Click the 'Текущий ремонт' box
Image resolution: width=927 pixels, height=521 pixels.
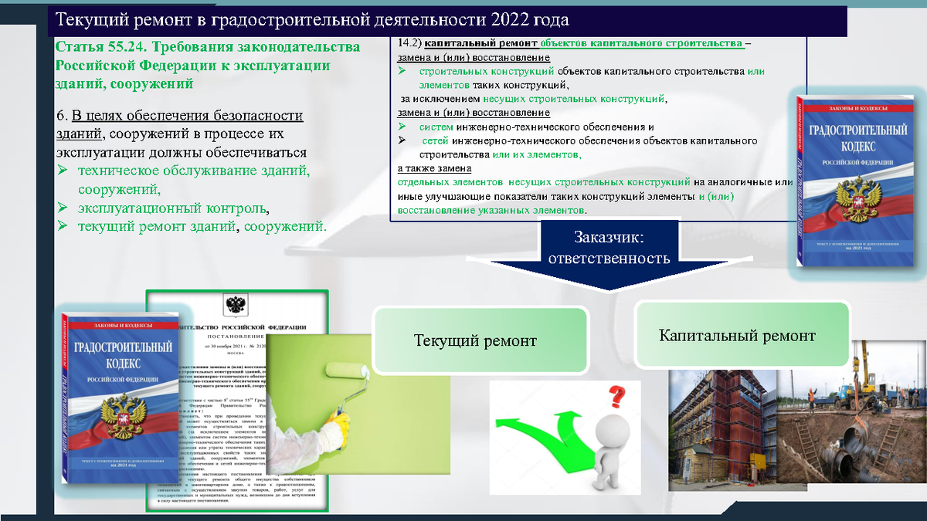(475, 340)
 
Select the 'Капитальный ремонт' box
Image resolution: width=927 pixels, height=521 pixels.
(737, 336)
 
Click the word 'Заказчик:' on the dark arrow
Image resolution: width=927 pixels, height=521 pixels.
(609, 237)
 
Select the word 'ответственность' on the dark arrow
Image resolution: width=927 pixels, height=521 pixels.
(609, 258)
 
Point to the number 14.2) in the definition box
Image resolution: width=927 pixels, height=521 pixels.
(409, 43)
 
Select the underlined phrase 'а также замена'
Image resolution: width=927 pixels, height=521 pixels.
(434, 168)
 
